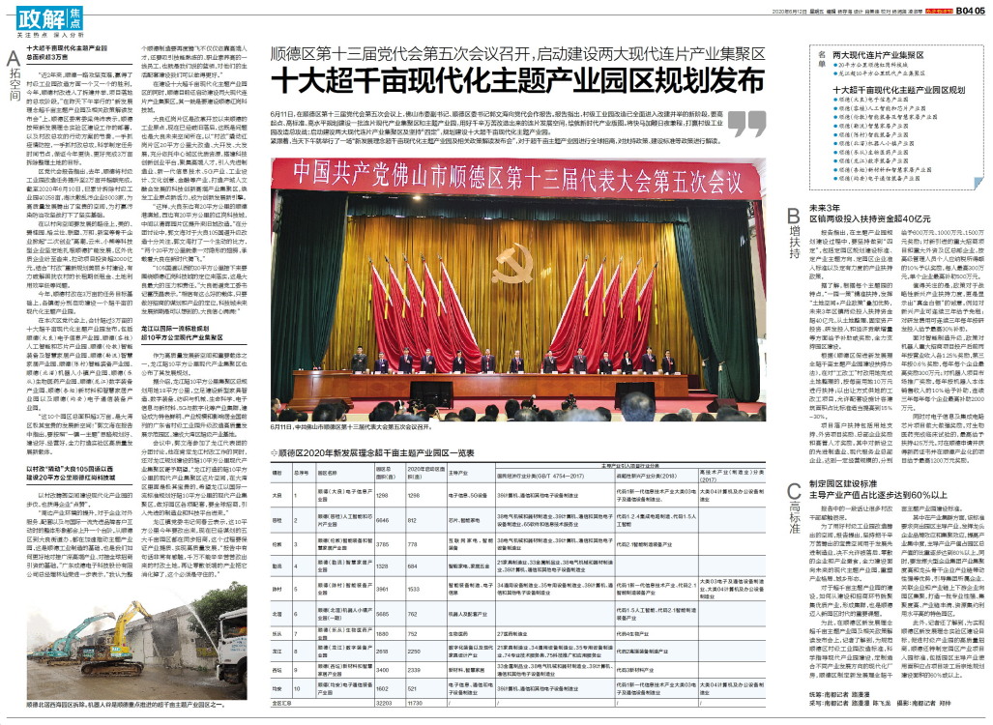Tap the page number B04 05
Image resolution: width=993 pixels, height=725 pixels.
pos(970,9)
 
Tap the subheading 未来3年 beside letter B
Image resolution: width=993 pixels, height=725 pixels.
pos(825,207)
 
